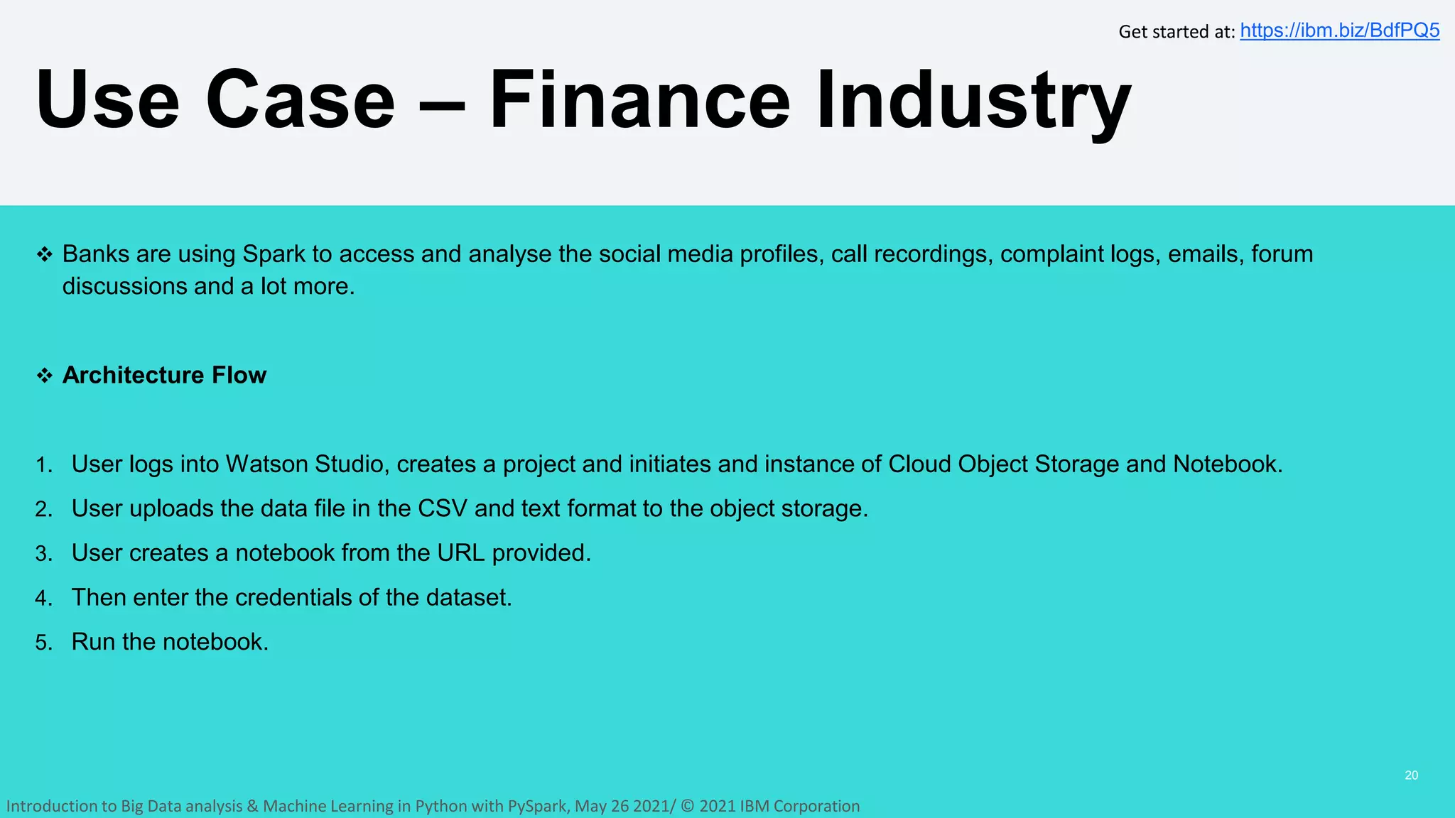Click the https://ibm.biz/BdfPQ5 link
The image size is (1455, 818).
click(1339, 31)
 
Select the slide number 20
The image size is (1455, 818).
click(1411, 775)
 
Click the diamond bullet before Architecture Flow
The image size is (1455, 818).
click(45, 376)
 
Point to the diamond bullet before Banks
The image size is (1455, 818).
click(45, 254)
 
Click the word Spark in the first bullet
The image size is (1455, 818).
click(274, 254)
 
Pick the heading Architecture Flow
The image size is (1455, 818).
click(164, 375)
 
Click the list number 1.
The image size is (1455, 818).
click(44, 465)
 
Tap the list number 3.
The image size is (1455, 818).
click(44, 554)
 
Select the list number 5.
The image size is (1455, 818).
click(44, 643)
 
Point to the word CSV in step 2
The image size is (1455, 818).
click(442, 508)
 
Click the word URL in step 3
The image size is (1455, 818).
click(460, 552)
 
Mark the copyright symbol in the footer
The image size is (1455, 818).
click(687, 806)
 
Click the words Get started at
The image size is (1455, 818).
click(1176, 32)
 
